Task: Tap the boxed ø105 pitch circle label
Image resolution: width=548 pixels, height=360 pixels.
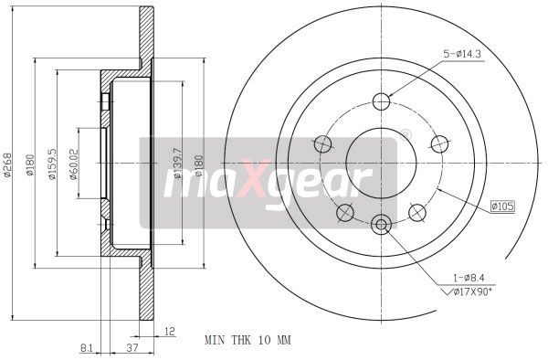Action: [x=501, y=207]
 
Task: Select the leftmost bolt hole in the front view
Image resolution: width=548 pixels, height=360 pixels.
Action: [x=321, y=143]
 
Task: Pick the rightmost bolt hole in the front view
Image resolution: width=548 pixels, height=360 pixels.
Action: [x=440, y=143]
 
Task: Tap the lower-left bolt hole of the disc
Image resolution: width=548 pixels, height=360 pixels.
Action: [x=344, y=213]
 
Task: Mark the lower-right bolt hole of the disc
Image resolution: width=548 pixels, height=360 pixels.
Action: [x=417, y=213]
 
